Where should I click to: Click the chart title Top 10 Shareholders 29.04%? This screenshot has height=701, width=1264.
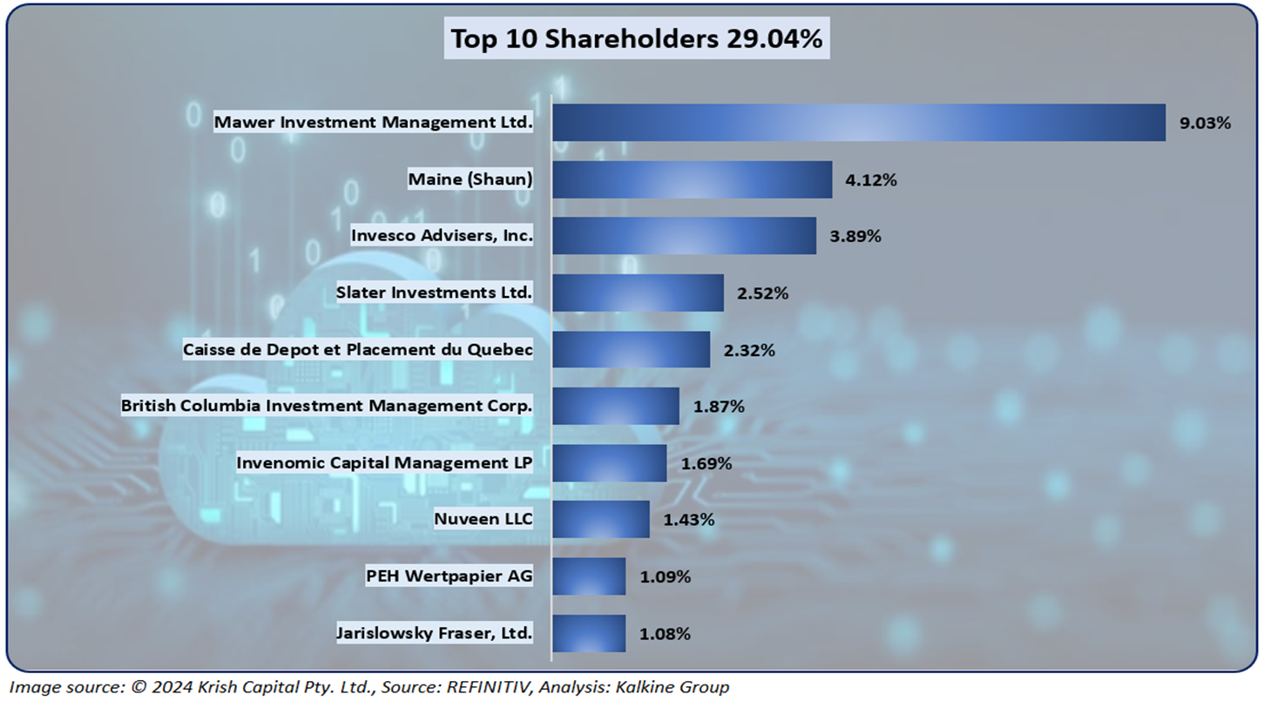tap(636, 40)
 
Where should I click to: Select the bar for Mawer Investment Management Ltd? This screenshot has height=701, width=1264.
tap(858, 123)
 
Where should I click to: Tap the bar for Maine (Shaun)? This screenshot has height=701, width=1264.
tap(692, 179)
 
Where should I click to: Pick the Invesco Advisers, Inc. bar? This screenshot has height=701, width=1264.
tap(684, 236)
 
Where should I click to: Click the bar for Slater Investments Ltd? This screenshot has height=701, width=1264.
tap(638, 293)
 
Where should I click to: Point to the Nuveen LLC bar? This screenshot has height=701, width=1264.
tap(600, 520)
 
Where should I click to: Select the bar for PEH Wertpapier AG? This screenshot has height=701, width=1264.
tap(589, 576)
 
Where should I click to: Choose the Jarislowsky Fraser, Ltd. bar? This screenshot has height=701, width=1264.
tap(589, 633)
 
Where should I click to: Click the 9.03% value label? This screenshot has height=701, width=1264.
tap(1205, 123)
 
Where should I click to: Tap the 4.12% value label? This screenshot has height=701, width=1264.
tap(871, 180)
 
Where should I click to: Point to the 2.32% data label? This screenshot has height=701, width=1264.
tap(749, 350)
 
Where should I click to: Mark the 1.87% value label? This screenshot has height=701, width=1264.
tap(718, 407)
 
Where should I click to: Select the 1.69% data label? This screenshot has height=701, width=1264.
tap(706, 463)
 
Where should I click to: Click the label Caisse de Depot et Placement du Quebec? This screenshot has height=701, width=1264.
tap(357, 350)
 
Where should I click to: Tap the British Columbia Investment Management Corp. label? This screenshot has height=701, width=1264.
tap(327, 406)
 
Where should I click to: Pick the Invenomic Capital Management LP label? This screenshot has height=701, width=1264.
tap(384, 463)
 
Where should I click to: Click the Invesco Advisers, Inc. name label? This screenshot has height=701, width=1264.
tap(442, 236)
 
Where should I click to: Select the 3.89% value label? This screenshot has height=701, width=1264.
tap(855, 237)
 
